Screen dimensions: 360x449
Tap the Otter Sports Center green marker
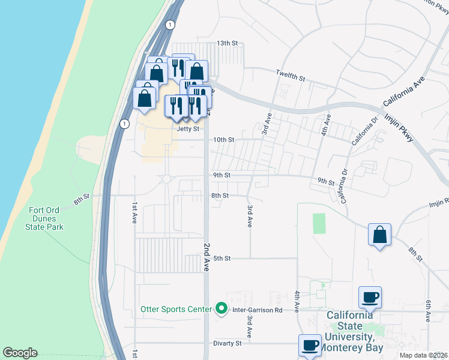[x=221, y=309]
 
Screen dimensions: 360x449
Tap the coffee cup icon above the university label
[x=370, y=296]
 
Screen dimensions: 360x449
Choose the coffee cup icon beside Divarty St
[x=310, y=344]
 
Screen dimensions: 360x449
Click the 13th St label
[x=228, y=43]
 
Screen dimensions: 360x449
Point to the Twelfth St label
[x=291, y=78]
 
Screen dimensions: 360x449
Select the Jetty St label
[x=187, y=128]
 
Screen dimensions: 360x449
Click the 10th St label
[x=224, y=140]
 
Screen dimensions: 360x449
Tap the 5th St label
[x=222, y=259]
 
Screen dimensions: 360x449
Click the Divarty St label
[x=227, y=343]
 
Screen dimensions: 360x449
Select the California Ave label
[x=406, y=91]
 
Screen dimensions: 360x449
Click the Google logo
[x=20, y=353]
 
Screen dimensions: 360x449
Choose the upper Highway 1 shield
[x=171, y=25]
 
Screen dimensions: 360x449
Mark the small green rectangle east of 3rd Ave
[x=319, y=223]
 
